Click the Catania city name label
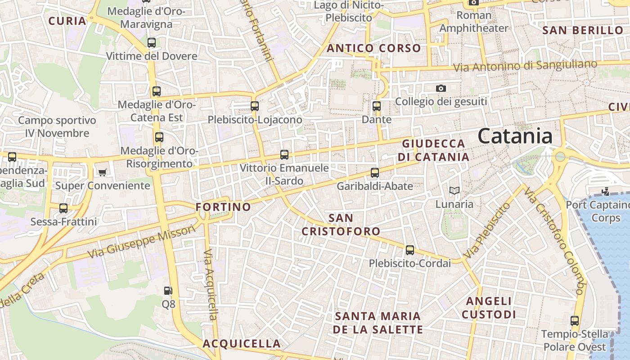515,135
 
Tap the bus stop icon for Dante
377,107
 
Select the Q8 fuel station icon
168,291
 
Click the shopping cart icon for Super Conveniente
103,172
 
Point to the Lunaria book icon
454,191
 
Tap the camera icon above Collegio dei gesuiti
441,88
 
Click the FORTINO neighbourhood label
223,207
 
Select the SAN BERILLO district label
583,31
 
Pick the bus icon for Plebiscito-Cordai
410,250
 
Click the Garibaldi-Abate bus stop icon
375,172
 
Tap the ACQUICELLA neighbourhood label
242,344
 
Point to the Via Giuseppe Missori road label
142,241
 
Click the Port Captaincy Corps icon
605,192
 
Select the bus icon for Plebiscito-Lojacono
255,106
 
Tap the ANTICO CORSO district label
374,48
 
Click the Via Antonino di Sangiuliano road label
525,66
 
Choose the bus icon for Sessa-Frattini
63,208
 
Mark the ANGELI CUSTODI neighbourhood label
489,308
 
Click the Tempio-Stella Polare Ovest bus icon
575,321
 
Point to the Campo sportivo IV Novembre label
57,127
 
